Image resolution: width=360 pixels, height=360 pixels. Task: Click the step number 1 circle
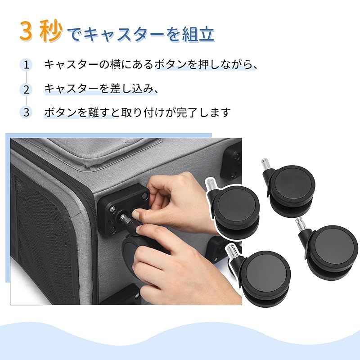point(27,64)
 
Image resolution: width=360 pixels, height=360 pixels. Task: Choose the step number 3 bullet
point(27,112)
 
